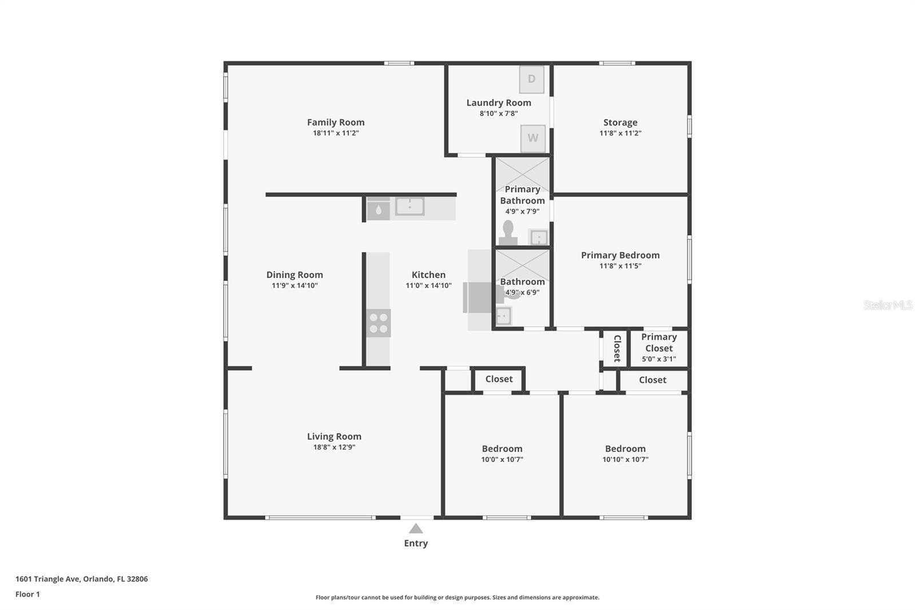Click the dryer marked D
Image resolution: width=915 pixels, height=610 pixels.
tap(532, 80)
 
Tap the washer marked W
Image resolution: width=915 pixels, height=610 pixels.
tap(533, 138)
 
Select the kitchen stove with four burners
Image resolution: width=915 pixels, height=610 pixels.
tap(378, 323)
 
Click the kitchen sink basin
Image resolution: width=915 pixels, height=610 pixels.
tap(409, 207)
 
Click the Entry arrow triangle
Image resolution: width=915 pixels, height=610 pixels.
tap(416, 529)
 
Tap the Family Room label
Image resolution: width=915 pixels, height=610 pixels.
tap(336, 122)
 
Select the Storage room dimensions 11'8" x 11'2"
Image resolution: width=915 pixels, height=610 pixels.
tap(620, 133)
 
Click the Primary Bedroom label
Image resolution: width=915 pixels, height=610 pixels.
tap(620, 255)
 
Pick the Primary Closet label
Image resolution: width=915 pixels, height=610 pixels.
tap(659, 342)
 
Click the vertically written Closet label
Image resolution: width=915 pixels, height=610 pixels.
tap(616, 348)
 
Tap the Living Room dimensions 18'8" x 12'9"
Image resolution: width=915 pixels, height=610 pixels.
tap(334, 447)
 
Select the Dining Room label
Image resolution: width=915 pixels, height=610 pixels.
tap(295, 275)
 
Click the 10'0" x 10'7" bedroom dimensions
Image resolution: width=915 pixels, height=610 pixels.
tap(502, 460)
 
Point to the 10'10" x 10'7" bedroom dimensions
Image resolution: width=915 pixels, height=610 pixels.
tap(625, 460)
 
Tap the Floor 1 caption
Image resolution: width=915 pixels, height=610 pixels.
tap(27, 595)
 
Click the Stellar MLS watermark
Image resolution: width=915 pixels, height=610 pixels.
tap(888, 305)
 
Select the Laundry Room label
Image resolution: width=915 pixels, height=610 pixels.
tap(499, 103)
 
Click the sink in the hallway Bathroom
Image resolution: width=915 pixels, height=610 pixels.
tap(503, 315)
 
